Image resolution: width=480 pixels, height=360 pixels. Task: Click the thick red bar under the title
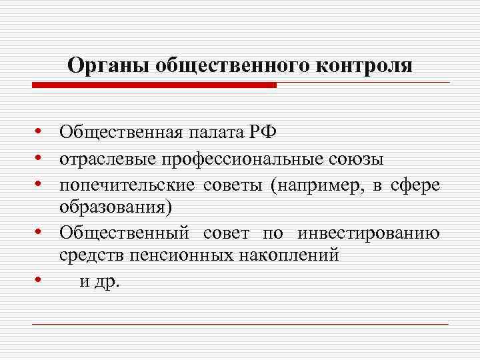153,85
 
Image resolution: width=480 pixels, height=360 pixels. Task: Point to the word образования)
115,207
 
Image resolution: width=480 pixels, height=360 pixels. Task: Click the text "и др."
99,281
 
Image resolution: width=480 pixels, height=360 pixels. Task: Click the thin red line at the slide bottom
240,324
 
